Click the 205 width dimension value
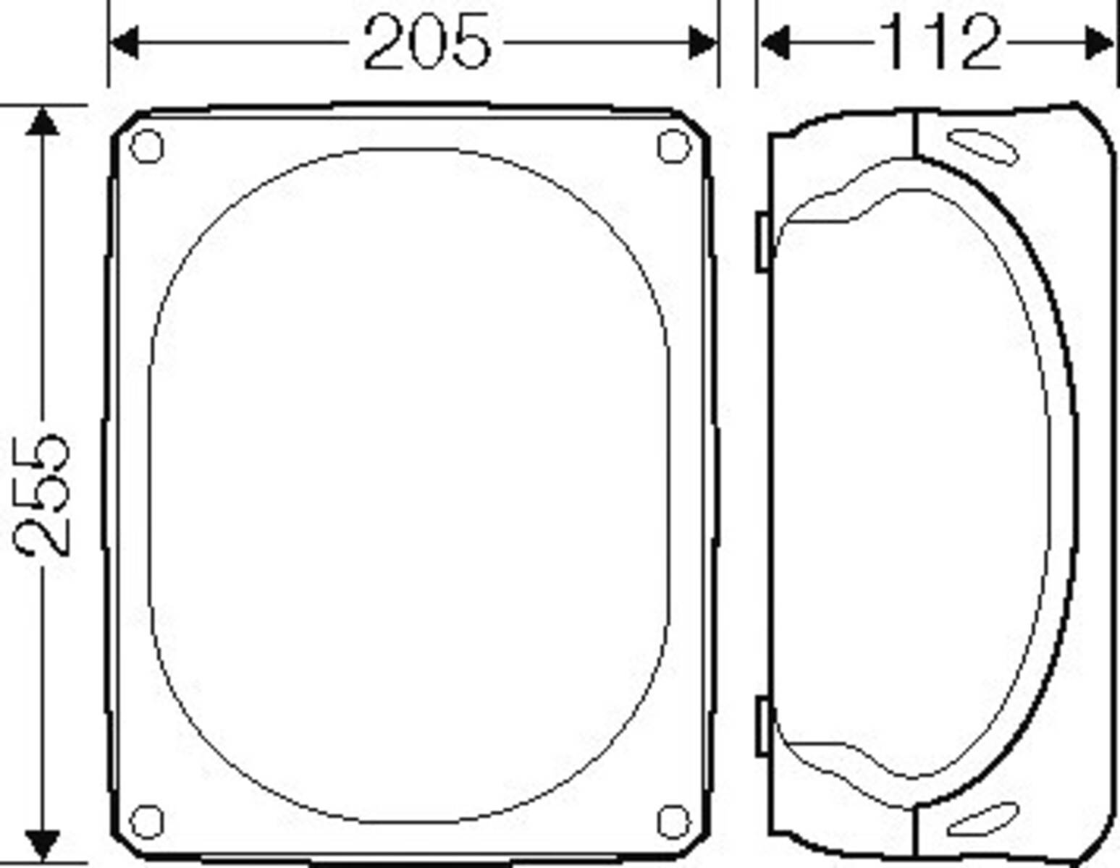pos(426,43)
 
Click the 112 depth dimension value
pos(941,43)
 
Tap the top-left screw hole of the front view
pos(147,146)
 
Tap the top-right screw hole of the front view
pos(673,146)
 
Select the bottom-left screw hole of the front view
pos(147,821)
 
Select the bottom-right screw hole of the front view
pos(673,821)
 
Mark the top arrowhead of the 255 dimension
pos(43,121)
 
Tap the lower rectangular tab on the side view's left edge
pos(763,726)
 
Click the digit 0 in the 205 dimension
pos(426,43)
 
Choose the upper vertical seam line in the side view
pos(915,134)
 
